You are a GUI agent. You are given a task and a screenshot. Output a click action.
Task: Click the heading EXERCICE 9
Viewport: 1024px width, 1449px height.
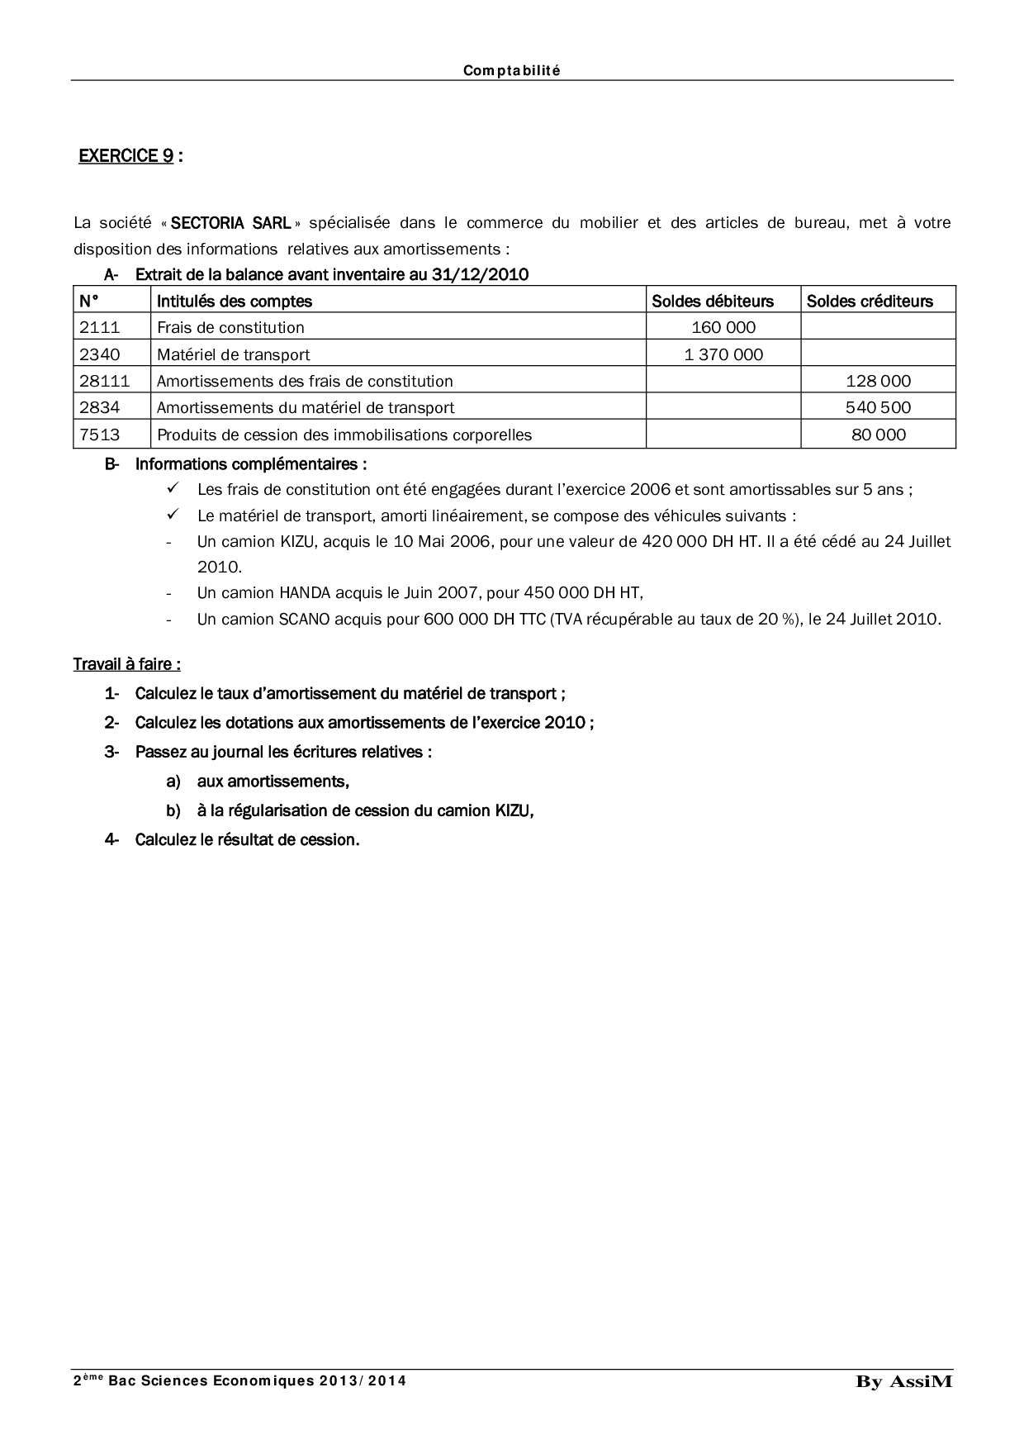[x=126, y=156]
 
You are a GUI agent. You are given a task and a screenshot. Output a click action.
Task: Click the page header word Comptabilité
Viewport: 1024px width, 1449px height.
[x=511, y=71]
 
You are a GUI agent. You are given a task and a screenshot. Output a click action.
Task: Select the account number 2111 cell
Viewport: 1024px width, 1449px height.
[x=100, y=327]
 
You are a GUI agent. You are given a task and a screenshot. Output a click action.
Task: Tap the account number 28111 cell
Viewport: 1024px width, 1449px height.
[x=104, y=381]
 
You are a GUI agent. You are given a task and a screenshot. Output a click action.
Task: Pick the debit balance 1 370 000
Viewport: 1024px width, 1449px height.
[x=723, y=354]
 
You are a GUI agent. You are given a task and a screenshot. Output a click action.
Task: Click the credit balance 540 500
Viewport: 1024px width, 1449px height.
[x=878, y=407]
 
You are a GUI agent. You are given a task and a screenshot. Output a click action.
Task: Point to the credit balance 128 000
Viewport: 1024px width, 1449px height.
[x=878, y=381]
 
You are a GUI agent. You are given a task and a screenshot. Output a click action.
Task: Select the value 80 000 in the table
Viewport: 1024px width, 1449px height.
[x=878, y=435]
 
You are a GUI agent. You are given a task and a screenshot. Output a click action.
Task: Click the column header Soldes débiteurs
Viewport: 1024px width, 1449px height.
[x=713, y=301]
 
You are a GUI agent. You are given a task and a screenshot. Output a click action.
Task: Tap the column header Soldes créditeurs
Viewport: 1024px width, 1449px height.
[x=870, y=301]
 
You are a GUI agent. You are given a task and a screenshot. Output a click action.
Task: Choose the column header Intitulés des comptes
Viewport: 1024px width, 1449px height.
[x=235, y=301]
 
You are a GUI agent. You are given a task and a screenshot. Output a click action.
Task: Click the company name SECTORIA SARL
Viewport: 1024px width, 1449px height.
[x=230, y=222]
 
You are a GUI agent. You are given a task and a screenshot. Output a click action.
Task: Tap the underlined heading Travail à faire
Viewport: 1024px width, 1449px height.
[x=126, y=664]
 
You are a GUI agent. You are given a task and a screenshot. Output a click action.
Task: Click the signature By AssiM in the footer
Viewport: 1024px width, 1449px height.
[x=903, y=1382]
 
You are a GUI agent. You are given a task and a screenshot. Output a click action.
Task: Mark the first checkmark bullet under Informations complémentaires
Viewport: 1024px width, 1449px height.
[x=173, y=488]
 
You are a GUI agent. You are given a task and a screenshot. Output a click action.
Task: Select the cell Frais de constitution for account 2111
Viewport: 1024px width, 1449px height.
[x=230, y=327]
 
